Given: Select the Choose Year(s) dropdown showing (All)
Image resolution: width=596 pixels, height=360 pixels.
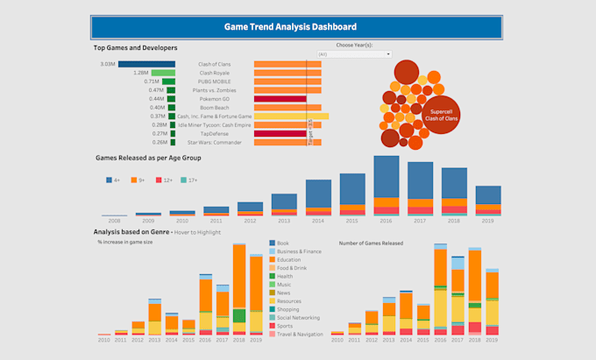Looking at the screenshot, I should pyautogui.click(x=355, y=54).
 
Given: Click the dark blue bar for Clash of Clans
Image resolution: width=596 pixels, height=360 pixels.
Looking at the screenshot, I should pyautogui.click(x=147, y=64).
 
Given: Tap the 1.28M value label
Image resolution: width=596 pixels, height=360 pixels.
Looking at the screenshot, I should pyautogui.click(x=140, y=73).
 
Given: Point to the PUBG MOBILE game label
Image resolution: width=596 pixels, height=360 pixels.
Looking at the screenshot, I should pyautogui.click(x=215, y=81).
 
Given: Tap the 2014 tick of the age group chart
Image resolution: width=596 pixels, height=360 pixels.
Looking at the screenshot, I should pyautogui.click(x=318, y=221).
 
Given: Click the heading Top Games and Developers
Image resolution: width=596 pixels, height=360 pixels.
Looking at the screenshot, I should pyautogui.click(x=135, y=47).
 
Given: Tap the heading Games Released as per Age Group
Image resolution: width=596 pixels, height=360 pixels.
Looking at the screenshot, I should pyautogui.click(x=148, y=158).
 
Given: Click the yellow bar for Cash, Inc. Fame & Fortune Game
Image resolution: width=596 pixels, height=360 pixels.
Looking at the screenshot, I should pyautogui.click(x=291, y=116).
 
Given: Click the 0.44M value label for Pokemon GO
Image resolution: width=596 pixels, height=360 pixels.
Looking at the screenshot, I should pyautogui.click(x=156, y=99).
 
